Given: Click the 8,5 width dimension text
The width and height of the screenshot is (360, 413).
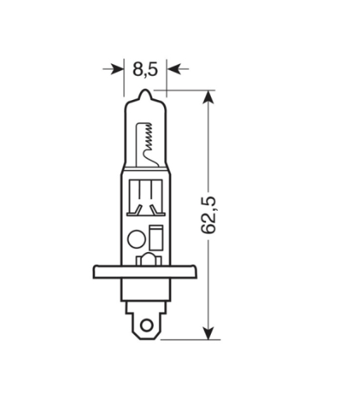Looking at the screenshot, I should (145, 69).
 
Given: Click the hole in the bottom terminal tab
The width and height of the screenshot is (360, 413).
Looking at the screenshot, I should (146, 320).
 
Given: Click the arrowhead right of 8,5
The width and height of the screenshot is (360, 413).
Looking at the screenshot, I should (174, 69).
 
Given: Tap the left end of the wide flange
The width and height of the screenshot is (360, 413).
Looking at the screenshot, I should (96, 272).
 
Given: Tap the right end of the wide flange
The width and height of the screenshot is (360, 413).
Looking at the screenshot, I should (195, 272).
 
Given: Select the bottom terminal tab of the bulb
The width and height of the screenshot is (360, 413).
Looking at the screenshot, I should (146, 322).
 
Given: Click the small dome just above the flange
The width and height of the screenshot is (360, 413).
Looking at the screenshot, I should (145, 261).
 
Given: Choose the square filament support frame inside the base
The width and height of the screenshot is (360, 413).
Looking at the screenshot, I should (145, 195).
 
